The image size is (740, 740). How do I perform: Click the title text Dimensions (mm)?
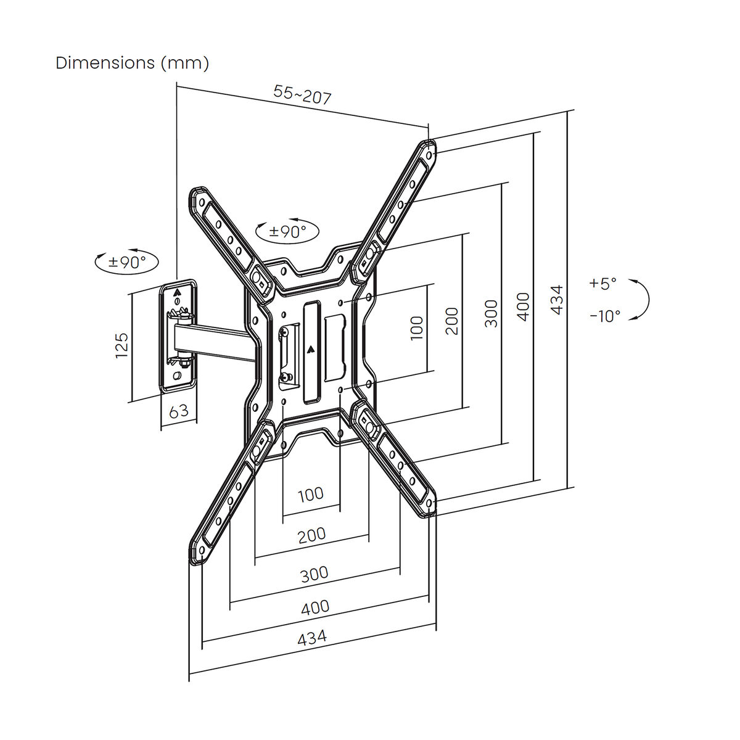click(132, 63)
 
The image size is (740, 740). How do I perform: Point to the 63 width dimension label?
click(178, 411)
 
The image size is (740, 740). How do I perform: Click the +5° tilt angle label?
click(602, 284)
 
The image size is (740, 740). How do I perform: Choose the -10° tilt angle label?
click(604, 316)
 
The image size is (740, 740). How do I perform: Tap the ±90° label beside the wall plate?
click(127, 261)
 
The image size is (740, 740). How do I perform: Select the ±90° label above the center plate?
click(288, 232)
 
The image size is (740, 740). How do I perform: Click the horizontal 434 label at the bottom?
click(312, 638)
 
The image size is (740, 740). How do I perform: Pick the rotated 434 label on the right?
click(556, 300)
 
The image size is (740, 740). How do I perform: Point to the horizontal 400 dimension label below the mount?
click(315, 607)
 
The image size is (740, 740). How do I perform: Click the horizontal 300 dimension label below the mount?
click(314, 574)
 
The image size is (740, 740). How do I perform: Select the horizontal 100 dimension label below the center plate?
click(311, 494)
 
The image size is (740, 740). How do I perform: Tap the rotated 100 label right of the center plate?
click(417, 328)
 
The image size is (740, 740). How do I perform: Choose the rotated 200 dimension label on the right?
click(452, 321)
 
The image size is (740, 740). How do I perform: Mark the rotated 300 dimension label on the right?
click(490, 313)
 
